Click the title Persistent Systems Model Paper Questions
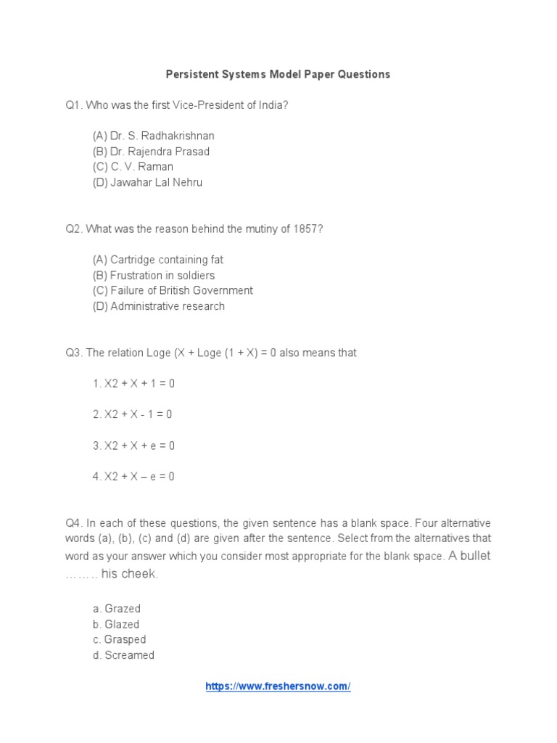[278, 74]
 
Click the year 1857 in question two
[305, 229]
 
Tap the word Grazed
[122, 609]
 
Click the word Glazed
[121, 624]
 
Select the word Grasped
[125, 640]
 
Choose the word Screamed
[128, 655]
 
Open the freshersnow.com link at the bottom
[278, 686]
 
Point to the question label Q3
[73, 353]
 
